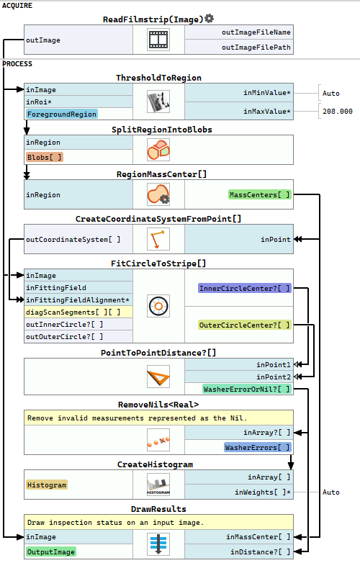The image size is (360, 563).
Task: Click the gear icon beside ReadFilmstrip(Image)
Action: pyautogui.click(x=210, y=18)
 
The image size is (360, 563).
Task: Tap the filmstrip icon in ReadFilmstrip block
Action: pyautogui.click(x=158, y=40)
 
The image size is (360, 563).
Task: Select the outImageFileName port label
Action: pyautogui.click(x=256, y=32)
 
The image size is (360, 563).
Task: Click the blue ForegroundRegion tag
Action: pyautogui.click(x=62, y=114)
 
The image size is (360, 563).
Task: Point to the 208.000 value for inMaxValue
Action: pyautogui.click(x=338, y=112)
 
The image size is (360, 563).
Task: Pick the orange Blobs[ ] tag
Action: pyautogui.click(x=44, y=157)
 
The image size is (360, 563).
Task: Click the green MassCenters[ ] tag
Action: pyautogui.click(x=259, y=194)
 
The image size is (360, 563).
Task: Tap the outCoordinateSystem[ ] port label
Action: pyautogui.click(x=73, y=239)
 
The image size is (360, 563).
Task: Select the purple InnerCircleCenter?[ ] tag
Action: pyautogui.click(x=244, y=288)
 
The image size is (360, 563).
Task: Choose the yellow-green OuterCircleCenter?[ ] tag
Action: pyautogui.click(x=244, y=325)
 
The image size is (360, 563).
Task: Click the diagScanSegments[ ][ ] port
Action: pyautogui.click(x=73, y=312)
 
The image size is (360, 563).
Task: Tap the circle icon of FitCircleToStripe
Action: pyautogui.click(x=158, y=306)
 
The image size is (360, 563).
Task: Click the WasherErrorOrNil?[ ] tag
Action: pyautogui.click(x=246, y=389)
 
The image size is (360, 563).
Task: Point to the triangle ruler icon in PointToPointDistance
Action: pyautogui.click(x=158, y=377)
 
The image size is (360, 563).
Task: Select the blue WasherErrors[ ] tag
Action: pyautogui.click(x=257, y=447)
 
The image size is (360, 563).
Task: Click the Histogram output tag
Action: pyautogui.click(x=47, y=485)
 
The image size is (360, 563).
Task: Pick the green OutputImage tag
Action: pyautogui.click(x=51, y=552)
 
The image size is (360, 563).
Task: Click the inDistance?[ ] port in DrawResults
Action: pyautogui.click(x=260, y=552)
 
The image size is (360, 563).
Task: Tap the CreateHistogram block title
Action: pyautogui.click(x=155, y=464)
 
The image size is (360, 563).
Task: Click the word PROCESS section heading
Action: pyautogui.click(x=17, y=64)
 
